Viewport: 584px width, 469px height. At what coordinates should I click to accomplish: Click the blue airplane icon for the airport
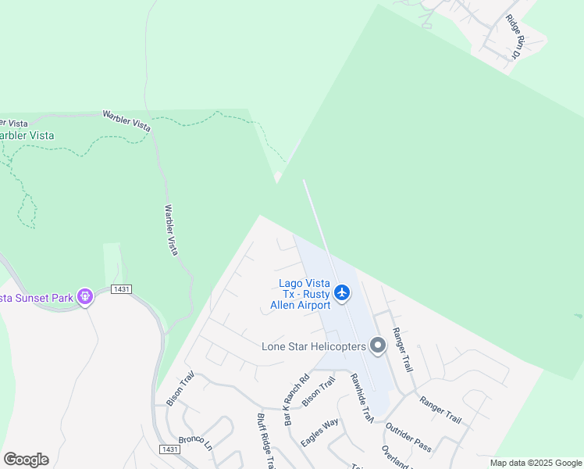point(341,293)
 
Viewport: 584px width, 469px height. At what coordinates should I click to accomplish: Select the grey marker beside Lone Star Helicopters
point(379,345)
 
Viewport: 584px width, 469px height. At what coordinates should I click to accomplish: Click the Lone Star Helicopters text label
point(313,346)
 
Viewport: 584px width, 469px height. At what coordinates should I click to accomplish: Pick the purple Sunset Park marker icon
point(85,296)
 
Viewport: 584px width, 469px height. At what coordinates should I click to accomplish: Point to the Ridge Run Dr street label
point(513,37)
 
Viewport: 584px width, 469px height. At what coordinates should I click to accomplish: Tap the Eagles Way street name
point(320,432)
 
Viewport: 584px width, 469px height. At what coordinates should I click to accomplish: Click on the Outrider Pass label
point(408,437)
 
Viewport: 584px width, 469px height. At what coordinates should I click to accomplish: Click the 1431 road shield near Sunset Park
point(121,289)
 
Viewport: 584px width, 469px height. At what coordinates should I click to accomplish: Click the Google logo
point(26,460)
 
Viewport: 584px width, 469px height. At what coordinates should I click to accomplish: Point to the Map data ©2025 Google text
point(536,463)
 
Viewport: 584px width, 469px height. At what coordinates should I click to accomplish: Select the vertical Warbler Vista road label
point(171,230)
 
